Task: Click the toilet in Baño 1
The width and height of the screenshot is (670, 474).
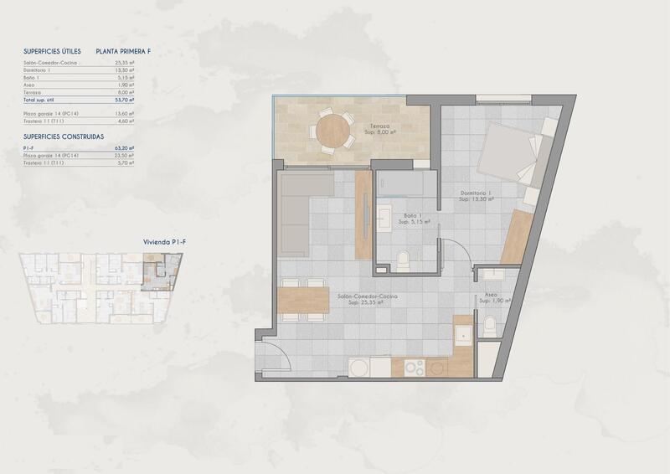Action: coord(403,261)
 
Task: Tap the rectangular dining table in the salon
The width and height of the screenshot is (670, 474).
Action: coord(303,298)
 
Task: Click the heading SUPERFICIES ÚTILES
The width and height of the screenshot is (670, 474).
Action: coord(52,51)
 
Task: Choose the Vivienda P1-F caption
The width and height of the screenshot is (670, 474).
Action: coord(164,241)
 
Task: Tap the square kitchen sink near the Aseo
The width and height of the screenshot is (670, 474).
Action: coord(463,333)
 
